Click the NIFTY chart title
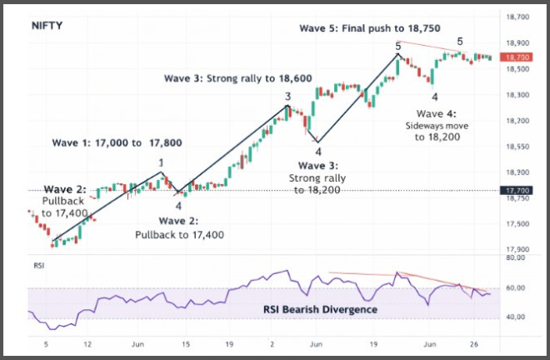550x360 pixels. [x=47, y=25]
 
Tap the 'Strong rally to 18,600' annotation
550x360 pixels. [x=238, y=77]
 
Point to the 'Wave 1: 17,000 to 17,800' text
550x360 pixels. [x=117, y=142]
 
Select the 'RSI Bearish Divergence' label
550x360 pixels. [x=321, y=309]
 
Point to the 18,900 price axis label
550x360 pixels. [x=518, y=42]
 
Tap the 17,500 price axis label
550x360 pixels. [x=518, y=223]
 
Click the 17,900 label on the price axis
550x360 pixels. [x=518, y=249]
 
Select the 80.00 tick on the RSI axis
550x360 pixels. [x=518, y=258]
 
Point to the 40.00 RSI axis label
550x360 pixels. [x=518, y=317]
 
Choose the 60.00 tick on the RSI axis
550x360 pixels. [x=518, y=287]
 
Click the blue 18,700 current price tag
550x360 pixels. [x=518, y=57]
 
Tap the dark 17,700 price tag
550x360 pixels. [x=518, y=191]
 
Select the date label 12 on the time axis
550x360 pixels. [x=87, y=343]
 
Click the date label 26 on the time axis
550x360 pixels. [x=473, y=343]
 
